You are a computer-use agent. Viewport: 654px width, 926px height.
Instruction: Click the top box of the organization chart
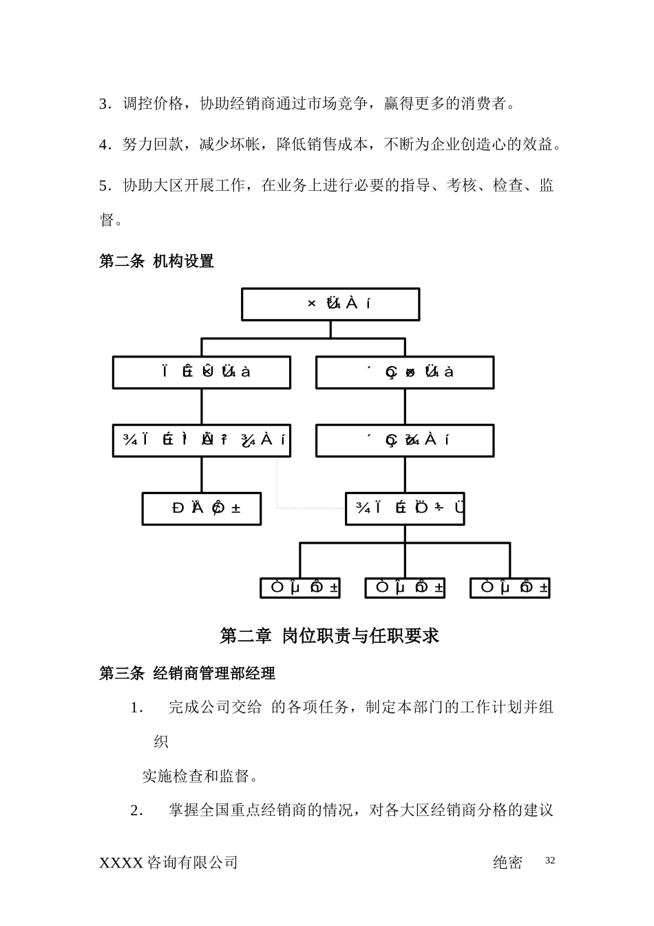330,304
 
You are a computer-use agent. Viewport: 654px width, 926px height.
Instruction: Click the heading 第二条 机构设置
156,261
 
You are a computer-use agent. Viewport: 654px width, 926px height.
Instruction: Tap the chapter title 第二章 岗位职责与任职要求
329,635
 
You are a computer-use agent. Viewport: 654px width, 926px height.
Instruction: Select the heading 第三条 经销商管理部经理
187,673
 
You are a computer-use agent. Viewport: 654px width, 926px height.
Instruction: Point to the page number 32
549,861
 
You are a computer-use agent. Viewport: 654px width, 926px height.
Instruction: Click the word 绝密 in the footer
508,863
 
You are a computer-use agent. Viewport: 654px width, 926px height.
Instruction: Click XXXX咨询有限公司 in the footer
169,863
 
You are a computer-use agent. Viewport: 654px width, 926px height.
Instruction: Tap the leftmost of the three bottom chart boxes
300,588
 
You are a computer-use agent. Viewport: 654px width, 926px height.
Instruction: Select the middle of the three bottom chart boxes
405,588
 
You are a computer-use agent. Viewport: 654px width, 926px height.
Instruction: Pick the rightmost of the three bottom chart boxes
509,588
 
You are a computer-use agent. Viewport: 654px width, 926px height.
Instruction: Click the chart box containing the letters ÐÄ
202,508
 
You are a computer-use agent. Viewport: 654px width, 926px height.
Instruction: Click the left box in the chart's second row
202,372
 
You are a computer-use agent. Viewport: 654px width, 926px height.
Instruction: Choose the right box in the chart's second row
405,372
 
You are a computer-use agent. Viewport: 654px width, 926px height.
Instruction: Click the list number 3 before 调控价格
104,104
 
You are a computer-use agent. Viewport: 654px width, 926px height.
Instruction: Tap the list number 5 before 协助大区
104,185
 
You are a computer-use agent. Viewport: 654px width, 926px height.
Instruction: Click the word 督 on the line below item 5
107,220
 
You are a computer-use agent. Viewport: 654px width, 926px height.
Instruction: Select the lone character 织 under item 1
161,742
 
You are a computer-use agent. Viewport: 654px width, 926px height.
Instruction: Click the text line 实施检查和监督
200,776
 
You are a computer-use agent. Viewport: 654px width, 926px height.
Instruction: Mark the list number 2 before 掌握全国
136,810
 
